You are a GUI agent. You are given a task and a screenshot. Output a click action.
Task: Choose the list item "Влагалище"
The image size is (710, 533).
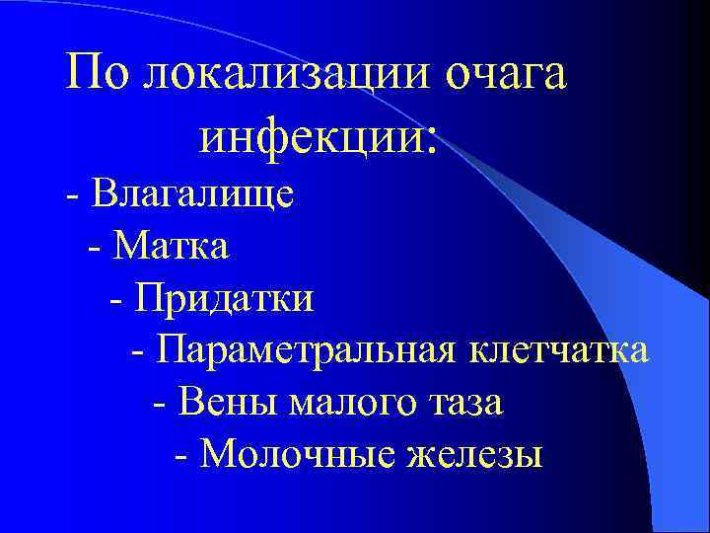[x=193, y=191]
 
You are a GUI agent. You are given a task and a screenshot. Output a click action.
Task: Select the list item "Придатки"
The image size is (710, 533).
[x=226, y=296]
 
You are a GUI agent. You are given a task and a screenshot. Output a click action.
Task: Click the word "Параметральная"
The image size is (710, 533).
[x=305, y=349]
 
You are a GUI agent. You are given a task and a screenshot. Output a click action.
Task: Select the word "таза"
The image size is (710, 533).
[x=464, y=403]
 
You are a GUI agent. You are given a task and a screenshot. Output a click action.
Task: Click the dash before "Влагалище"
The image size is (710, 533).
[x=73, y=193]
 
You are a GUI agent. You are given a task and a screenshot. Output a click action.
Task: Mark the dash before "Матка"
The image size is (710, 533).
[x=95, y=246]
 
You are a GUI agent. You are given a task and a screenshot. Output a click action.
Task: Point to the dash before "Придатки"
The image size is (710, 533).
[x=118, y=298]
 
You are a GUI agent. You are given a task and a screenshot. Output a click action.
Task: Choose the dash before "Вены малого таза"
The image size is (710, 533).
[x=162, y=404]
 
